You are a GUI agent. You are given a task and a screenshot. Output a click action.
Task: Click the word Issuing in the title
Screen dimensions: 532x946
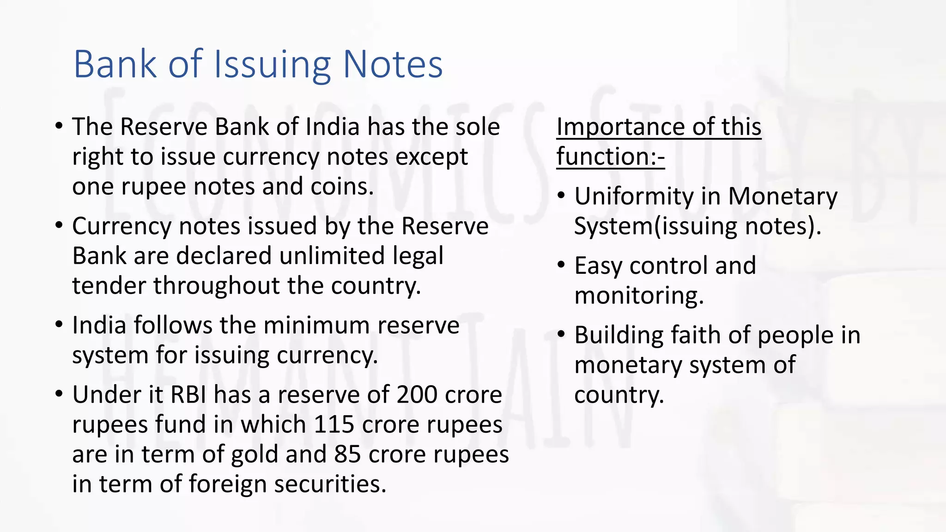pos(272,65)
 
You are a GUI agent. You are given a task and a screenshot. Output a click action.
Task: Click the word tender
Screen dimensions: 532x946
pos(109,286)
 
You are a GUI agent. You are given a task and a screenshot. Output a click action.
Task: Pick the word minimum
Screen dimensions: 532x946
pos(318,326)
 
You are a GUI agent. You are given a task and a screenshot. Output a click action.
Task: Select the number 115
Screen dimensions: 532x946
pos(334,425)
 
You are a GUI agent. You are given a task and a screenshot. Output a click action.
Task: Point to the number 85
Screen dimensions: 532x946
pos(347,454)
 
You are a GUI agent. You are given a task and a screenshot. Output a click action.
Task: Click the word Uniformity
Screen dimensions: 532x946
pos(634,197)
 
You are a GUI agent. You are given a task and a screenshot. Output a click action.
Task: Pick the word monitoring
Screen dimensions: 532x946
pos(639,296)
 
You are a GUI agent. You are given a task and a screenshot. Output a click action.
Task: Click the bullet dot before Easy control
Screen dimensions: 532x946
pos(561,266)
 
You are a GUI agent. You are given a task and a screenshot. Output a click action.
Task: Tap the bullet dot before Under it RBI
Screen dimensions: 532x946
pos(59,395)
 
